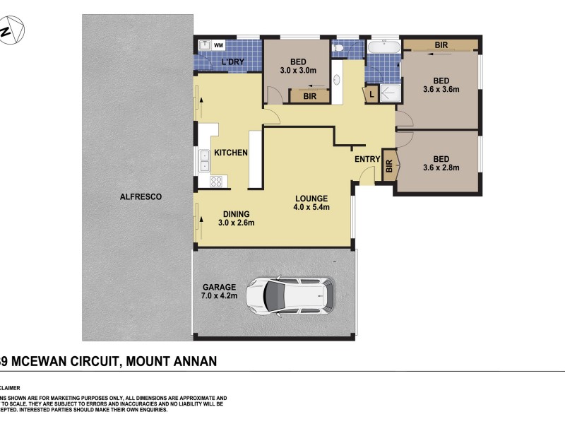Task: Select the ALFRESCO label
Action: tap(136, 197)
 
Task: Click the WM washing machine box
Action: tap(218, 45)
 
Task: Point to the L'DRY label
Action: tap(232, 62)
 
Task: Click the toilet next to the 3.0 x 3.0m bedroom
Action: tap(338, 48)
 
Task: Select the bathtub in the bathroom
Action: tap(383, 47)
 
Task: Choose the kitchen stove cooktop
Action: tap(217, 181)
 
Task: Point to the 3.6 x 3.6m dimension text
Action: tap(441, 90)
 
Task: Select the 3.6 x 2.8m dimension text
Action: tap(441, 168)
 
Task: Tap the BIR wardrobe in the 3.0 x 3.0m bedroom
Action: tap(309, 95)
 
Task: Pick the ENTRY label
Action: tap(367, 159)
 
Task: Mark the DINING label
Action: tap(236, 213)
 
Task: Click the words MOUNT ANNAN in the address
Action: tap(172, 361)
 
